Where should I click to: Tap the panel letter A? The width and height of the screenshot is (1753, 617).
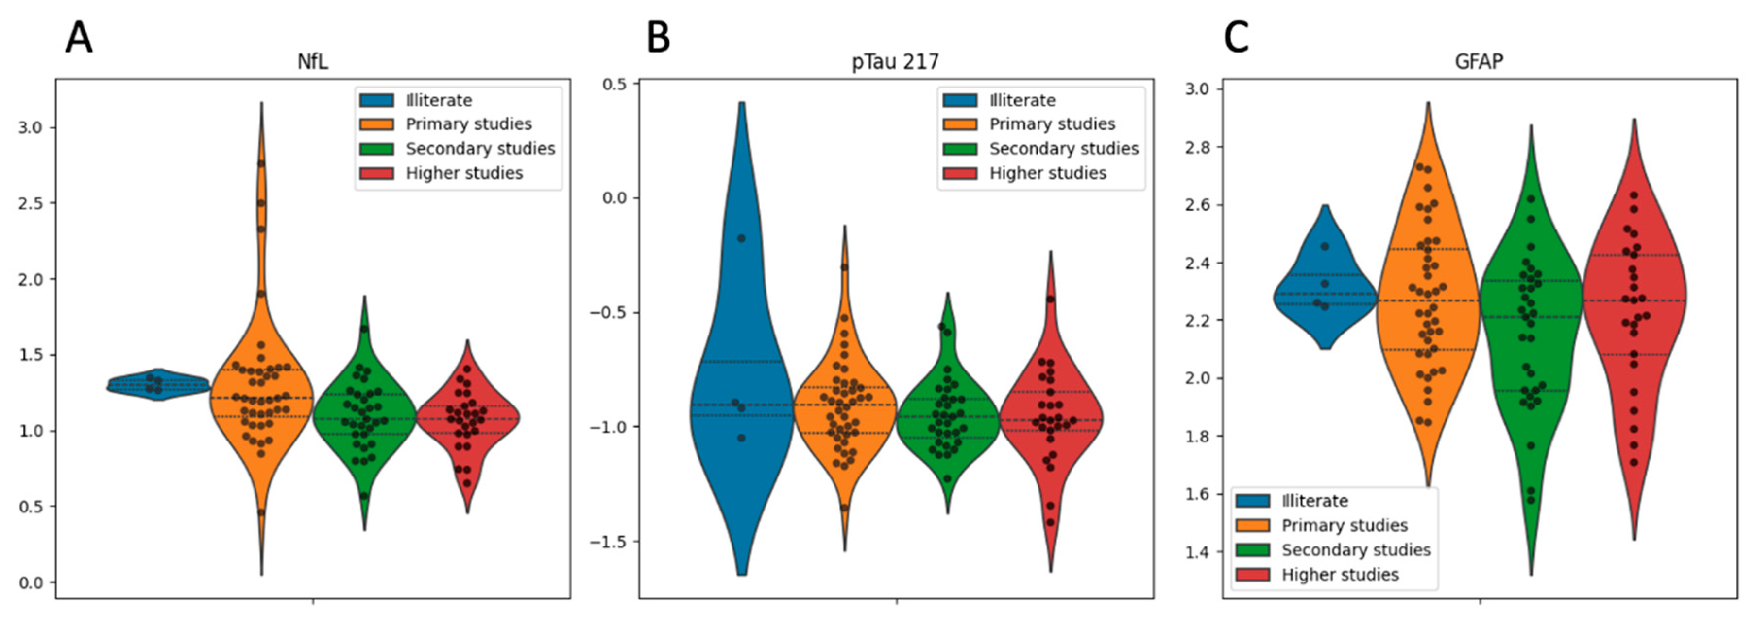(79, 38)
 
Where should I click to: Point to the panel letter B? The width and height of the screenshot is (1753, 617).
(659, 38)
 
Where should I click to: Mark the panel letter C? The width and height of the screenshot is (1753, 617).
(1237, 38)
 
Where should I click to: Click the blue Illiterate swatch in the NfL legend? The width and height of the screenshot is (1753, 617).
(377, 100)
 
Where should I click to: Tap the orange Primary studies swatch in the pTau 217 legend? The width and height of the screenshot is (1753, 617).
(960, 124)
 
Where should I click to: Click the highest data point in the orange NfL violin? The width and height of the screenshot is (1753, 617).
(261, 163)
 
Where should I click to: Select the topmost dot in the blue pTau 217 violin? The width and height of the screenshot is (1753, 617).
(742, 238)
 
